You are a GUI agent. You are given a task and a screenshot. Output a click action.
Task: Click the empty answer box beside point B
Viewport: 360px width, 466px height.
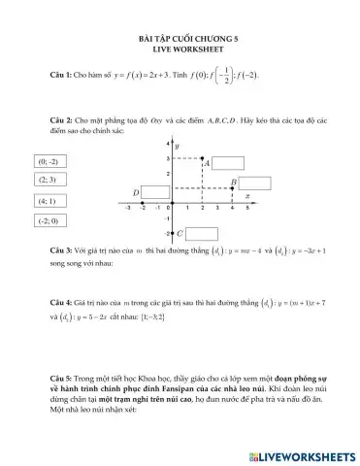coord(254,183)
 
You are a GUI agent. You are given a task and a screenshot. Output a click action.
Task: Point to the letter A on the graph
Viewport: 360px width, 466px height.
coord(208,164)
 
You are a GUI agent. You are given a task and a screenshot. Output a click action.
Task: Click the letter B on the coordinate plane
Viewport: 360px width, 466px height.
coord(233,183)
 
